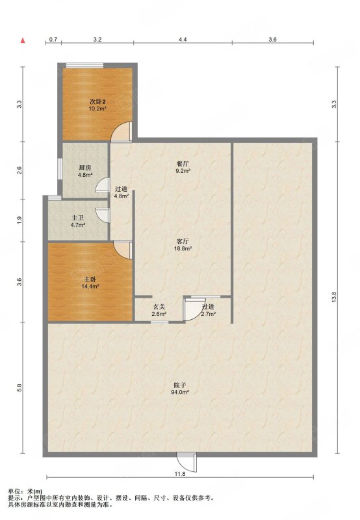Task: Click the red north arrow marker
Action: point(23,40)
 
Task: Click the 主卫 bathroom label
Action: point(78,218)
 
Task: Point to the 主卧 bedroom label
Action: point(90,279)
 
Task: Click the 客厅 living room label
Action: point(183,241)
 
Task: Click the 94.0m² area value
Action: point(181,393)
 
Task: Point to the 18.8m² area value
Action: point(183,248)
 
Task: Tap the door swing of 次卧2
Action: point(122,132)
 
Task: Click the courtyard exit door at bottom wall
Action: point(186,462)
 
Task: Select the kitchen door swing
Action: point(103,185)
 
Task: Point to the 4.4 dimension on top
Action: point(183,40)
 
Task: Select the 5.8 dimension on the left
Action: point(19,387)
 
